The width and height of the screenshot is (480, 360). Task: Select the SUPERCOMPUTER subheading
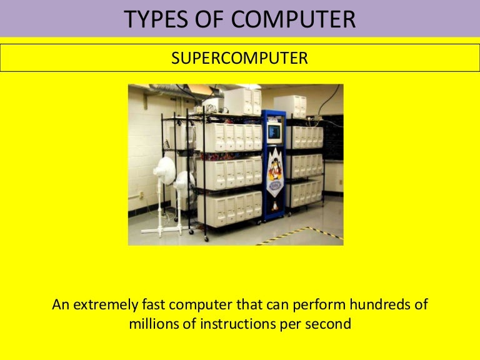239,59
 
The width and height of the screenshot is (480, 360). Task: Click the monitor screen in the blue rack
274,131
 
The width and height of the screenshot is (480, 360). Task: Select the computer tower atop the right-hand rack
291,106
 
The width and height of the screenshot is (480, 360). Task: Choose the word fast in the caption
156,306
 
